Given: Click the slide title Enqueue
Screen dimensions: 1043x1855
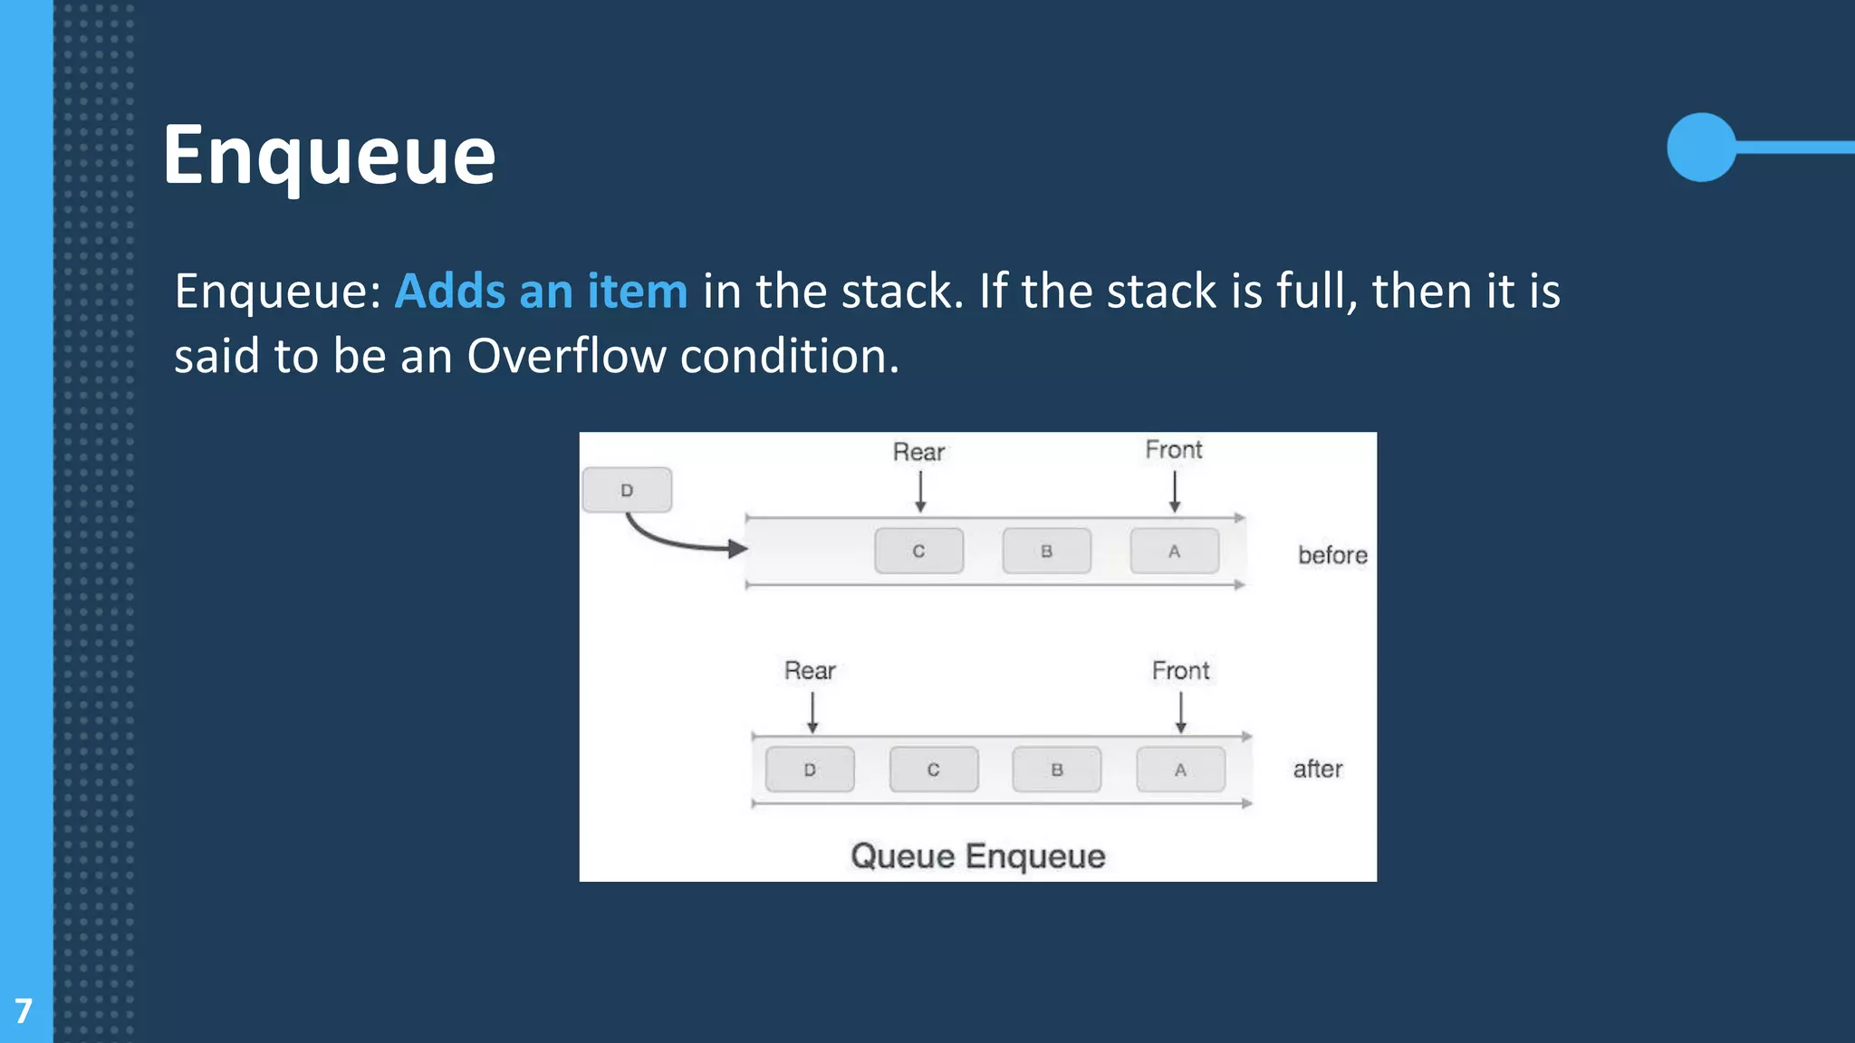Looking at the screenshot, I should pos(329,156).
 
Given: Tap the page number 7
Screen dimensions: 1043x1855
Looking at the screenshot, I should pos(24,1010).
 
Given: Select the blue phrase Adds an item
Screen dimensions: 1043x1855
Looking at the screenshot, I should pos(541,292).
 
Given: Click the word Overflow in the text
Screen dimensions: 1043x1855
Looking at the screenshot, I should pos(566,356).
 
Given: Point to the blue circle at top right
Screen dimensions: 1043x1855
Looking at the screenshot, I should pos(1701,147).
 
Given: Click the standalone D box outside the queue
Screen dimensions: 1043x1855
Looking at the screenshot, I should pos(627,490).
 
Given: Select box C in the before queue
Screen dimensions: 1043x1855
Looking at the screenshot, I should pos(918,550).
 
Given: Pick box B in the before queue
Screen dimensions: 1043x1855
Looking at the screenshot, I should pos(1046,550).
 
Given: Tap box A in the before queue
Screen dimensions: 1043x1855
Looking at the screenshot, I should pos(1174,550).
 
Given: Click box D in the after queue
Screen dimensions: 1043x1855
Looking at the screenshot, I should pos(810,770).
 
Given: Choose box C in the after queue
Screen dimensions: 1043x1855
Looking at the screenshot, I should pos(933,770).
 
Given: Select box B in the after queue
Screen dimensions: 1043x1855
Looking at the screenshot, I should pos(1056,770).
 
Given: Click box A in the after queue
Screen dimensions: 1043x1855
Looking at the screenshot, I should pos(1180,770).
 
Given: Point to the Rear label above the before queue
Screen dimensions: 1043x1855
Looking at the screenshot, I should pos(918,452).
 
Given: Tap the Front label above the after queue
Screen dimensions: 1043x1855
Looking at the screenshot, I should pos(1180,671).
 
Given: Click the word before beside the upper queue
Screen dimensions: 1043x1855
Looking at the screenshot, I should pos(1332,555).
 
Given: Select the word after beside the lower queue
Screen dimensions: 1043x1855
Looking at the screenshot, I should pos(1317,770).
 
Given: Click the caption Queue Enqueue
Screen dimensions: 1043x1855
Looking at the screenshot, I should pos(978,856).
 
